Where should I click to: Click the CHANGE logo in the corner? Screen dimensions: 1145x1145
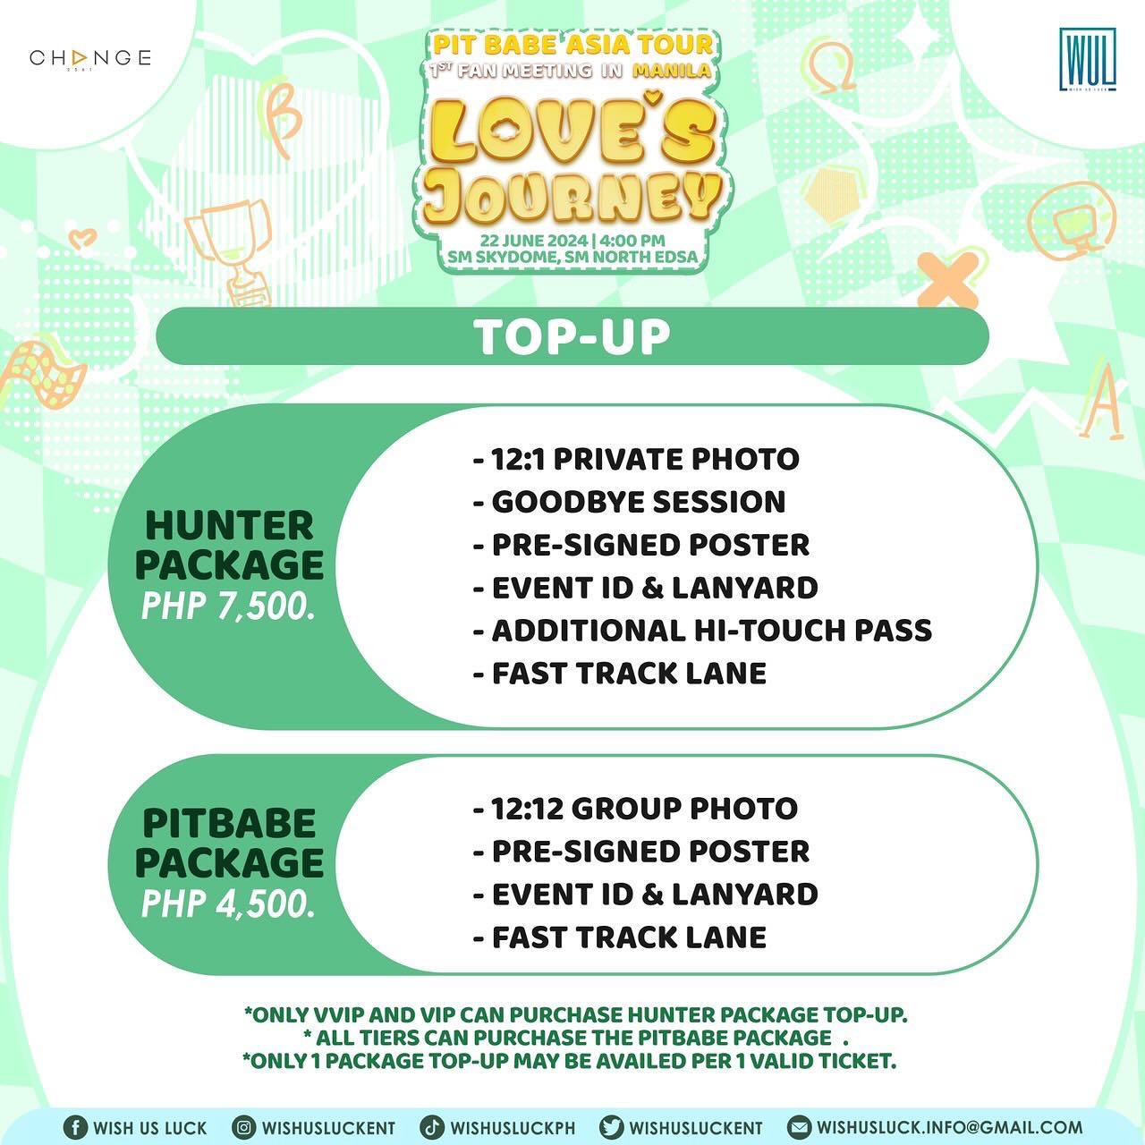point(90,59)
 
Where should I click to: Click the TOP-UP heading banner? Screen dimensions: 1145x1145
point(572,336)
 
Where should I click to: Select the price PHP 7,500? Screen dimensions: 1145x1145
point(229,606)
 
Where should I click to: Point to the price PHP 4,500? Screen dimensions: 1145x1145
point(229,903)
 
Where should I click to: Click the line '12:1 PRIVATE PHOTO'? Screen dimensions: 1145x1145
point(636,459)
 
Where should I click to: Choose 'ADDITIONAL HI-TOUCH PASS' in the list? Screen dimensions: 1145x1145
point(702,631)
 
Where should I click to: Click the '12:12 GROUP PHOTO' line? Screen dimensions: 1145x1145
point(635,809)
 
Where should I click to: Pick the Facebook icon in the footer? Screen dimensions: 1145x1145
point(75,1127)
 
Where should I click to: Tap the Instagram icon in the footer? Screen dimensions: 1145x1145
point(243,1127)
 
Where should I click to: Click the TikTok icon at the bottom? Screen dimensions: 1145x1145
point(432,1127)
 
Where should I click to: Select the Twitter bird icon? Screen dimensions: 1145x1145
point(612,1127)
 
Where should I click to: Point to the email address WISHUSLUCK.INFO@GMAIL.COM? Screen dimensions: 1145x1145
point(949,1127)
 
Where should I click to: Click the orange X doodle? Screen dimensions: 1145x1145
point(948,277)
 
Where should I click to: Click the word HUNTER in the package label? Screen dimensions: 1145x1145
point(229,526)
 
